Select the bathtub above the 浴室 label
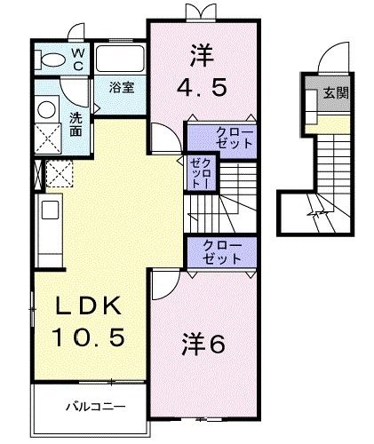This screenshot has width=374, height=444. [x=119, y=61]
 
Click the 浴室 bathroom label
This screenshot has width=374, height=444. [x=121, y=88]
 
